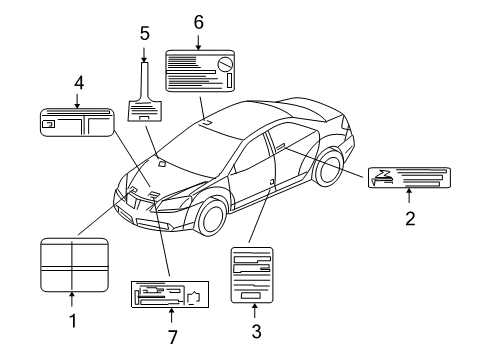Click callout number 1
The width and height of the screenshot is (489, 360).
[x=72, y=321]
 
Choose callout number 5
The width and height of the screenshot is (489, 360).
[x=144, y=33]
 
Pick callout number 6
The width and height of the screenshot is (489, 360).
[x=198, y=21]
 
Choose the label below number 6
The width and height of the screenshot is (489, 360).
[x=199, y=71]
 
